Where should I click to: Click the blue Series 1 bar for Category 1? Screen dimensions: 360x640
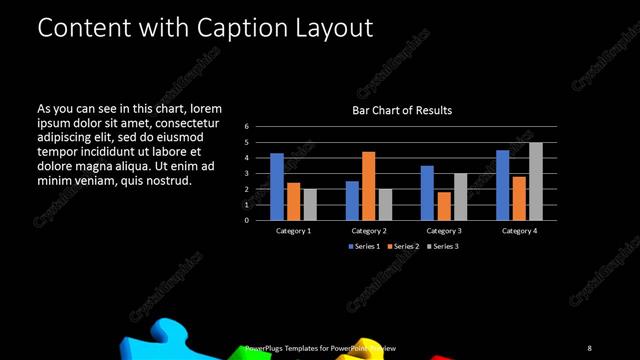277,187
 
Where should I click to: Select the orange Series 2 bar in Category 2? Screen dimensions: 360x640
368,186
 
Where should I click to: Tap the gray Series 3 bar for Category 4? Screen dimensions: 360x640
536,181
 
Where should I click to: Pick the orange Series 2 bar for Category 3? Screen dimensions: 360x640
443,206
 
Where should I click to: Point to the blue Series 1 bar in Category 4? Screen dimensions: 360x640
502,185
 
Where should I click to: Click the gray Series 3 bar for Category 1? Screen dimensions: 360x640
310,204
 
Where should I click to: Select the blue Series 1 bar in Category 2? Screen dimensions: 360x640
352,200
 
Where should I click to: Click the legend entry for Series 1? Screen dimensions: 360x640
363,246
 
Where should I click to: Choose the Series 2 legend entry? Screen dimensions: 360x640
402,246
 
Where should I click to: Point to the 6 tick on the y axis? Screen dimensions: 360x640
247,127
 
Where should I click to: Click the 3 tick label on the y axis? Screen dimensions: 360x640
247,174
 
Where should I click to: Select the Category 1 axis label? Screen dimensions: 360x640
293,231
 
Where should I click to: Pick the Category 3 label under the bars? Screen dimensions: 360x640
443,231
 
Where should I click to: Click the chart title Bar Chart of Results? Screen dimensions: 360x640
402,110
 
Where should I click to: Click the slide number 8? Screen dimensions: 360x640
589,347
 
